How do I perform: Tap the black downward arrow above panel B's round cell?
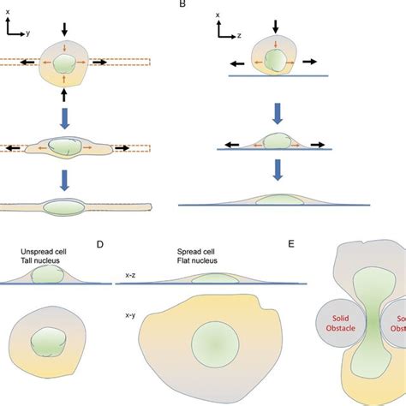(275, 25)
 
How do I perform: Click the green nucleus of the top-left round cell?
(65, 65)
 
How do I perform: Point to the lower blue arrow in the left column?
(65, 182)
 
